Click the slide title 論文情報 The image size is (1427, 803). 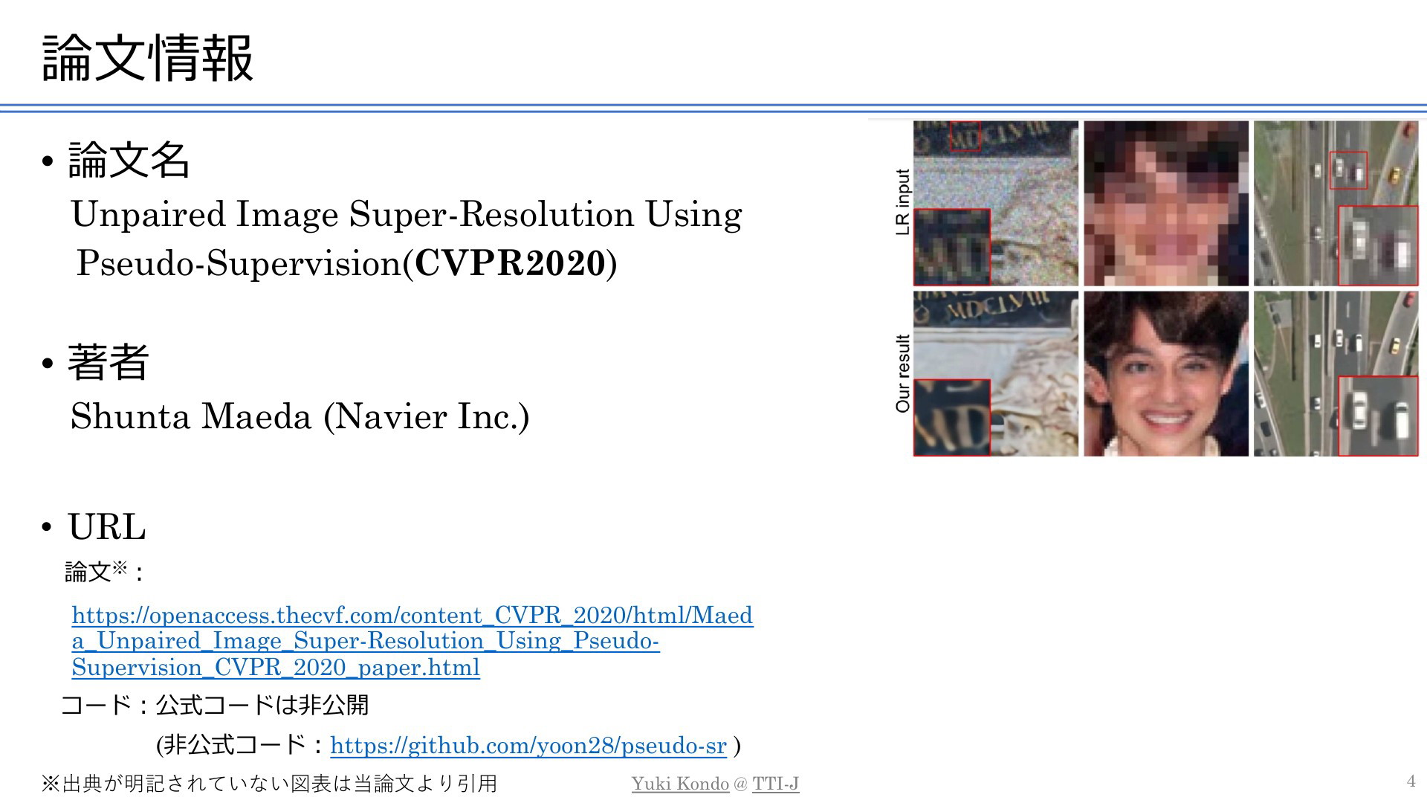coord(148,58)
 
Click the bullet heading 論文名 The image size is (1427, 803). coord(129,159)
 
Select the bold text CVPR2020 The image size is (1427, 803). coord(510,262)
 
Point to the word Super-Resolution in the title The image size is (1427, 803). coord(491,214)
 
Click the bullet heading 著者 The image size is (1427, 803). coord(109,361)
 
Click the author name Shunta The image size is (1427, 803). coord(130,416)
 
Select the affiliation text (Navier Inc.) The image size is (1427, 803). coord(427,416)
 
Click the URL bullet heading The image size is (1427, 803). coord(107,526)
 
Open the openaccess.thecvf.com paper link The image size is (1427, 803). coord(412,641)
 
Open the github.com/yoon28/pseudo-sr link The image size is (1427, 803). coord(528,745)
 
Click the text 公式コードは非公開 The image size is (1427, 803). coord(262,705)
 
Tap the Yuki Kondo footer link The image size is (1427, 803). coord(680,784)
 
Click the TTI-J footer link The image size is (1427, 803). coord(775,784)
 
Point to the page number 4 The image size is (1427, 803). coord(1411,781)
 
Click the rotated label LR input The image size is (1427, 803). coord(903,202)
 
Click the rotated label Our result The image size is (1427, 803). coord(903,373)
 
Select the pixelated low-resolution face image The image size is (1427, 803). coord(1166,203)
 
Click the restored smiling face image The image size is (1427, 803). coord(1166,373)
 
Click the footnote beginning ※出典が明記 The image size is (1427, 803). coord(269,784)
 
